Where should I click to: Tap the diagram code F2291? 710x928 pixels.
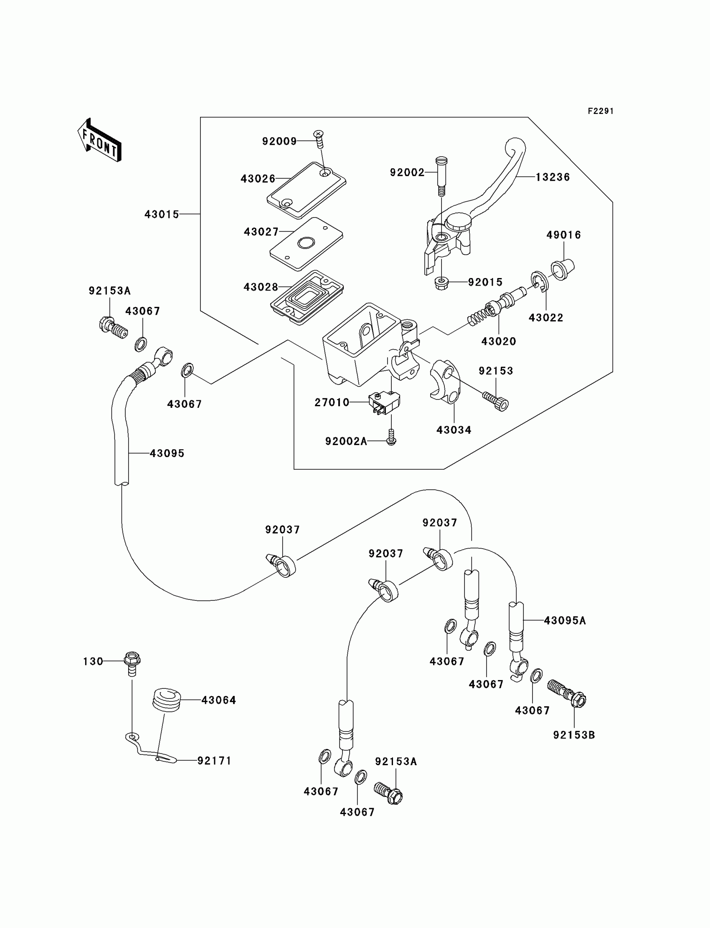[600, 111]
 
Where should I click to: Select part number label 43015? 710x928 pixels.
[162, 215]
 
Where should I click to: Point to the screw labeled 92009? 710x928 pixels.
[319, 140]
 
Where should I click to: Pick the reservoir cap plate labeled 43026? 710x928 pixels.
[307, 190]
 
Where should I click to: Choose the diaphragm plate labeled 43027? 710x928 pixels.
[306, 244]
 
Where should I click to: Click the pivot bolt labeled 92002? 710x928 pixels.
[441, 176]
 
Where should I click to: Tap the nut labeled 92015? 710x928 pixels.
[441, 283]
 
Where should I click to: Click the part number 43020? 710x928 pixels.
[499, 341]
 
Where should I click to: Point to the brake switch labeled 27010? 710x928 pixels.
[384, 403]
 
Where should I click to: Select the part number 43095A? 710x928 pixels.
[565, 620]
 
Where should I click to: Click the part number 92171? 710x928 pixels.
[214, 761]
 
